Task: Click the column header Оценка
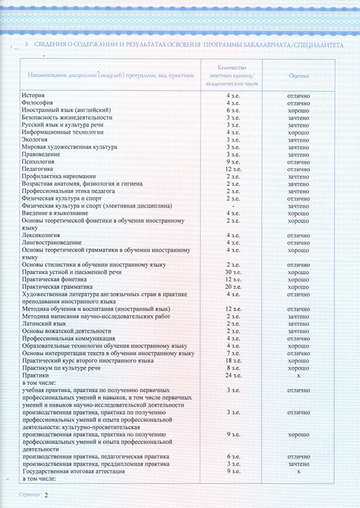pyautogui.click(x=298, y=76)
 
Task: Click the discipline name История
pyautogui.click(x=33, y=95)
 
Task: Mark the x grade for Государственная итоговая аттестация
pyautogui.click(x=298, y=471)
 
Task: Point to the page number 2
pyautogui.click(x=45, y=495)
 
